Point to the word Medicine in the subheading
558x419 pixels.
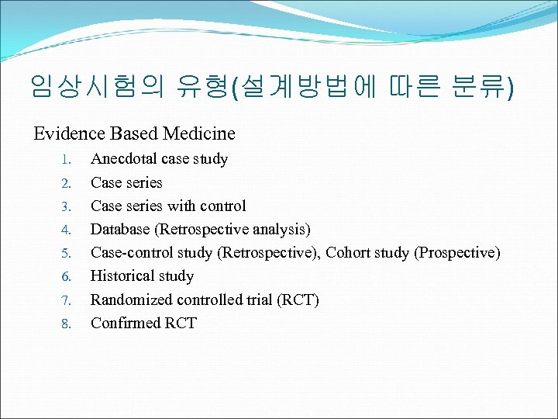199,133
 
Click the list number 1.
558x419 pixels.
67,160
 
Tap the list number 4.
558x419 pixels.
67,230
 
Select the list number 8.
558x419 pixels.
67,324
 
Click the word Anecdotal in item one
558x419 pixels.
124,159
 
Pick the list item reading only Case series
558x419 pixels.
126,182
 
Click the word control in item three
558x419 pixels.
222,206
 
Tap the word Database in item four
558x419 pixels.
120,229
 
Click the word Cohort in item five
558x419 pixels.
350,252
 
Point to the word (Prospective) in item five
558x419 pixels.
458,252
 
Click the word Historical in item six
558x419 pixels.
121,275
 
